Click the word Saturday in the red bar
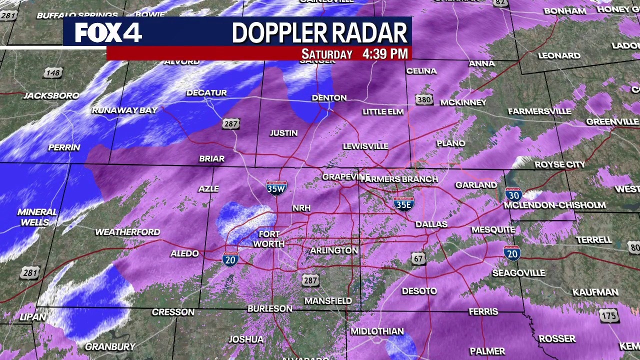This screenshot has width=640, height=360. click(x=327, y=54)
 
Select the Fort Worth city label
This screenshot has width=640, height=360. click(x=268, y=239)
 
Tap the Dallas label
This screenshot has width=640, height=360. click(x=431, y=224)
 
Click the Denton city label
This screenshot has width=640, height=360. click(x=329, y=98)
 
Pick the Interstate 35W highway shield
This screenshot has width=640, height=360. click(x=276, y=187)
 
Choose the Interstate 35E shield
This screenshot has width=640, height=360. click(x=403, y=203)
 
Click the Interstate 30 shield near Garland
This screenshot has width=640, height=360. click(x=513, y=194)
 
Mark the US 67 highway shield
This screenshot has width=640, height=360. click(x=419, y=258)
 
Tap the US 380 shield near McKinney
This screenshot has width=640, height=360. click(x=424, y=99)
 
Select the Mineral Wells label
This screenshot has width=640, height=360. click(x=36, y=217)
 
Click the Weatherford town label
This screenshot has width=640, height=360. click(x=127, y=232)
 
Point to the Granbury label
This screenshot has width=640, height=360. click(x=110, y=346)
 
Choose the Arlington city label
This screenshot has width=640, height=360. click(x=334, y=250)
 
